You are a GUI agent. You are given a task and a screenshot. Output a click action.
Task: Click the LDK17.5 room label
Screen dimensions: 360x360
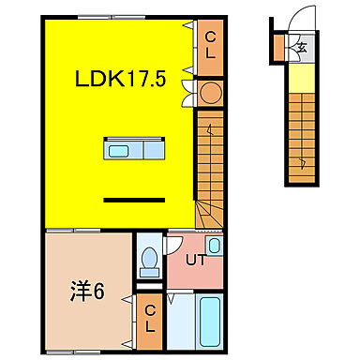(119, 81)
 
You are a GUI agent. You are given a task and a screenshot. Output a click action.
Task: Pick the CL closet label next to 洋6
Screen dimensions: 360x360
(148, 320)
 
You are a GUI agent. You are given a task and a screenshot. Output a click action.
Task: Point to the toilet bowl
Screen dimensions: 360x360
(148, 260)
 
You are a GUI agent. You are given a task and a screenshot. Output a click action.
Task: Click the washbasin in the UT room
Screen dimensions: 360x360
(215, 247)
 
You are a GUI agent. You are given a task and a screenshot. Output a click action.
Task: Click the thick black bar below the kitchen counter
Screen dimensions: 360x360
(132, 199)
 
